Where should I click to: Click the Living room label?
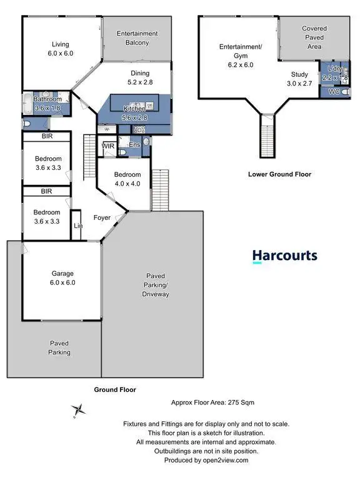tap(61, 49)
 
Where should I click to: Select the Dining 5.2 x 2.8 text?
tap(140, 77)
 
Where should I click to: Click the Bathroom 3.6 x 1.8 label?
tap(47, 103)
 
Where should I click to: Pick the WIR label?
tap(108, 146)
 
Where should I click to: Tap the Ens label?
tap(134, 146)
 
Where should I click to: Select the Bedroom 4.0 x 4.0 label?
tap(127, 179)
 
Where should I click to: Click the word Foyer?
tap(102, 218)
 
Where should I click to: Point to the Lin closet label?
tap(78, 226)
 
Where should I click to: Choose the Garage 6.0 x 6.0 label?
tap(62, 278)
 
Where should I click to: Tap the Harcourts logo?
tap(284, 256)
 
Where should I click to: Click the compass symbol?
tap(78, 410)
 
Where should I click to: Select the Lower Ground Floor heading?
tap(279, 174)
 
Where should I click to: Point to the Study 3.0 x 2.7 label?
tap(299, 79)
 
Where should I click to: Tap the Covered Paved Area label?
tap(314, 37)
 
